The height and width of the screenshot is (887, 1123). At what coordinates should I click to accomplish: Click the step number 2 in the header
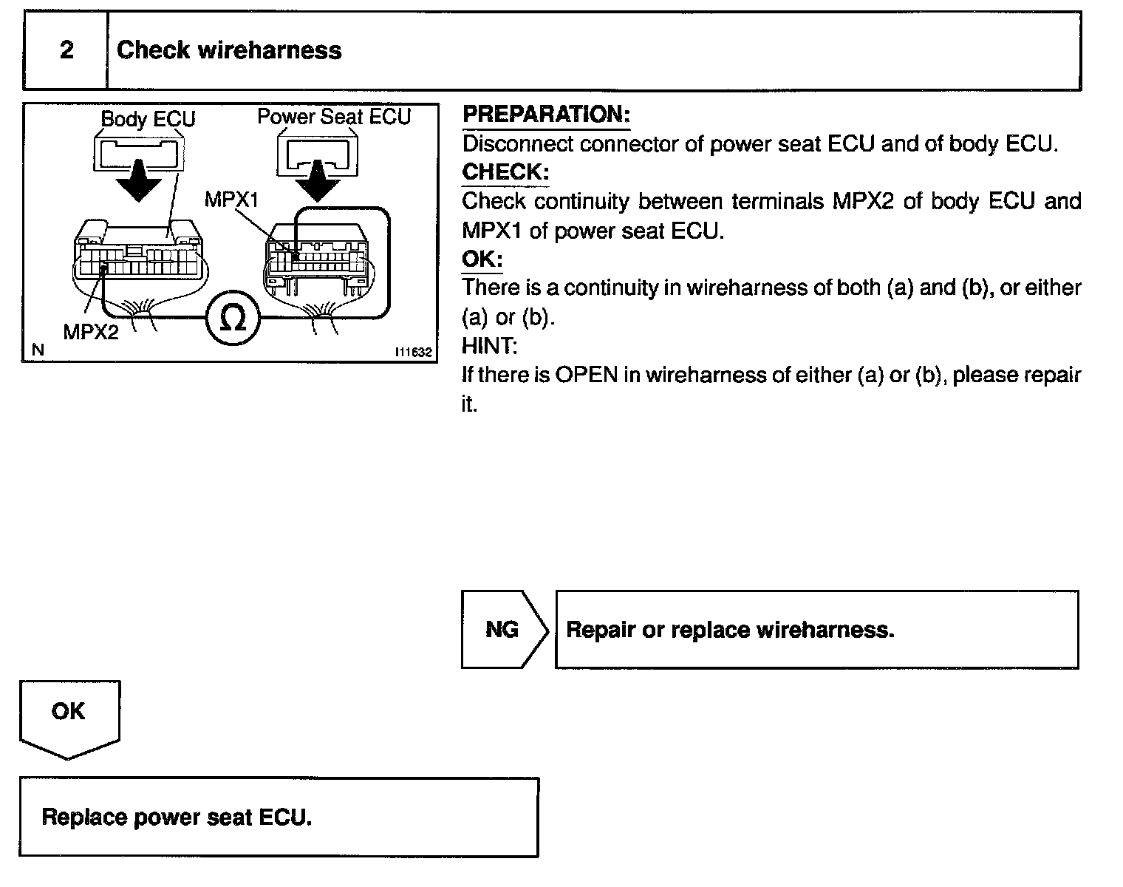66,50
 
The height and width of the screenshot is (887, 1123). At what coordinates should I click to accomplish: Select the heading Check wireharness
229,50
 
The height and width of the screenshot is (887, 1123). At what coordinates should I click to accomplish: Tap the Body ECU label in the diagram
148,118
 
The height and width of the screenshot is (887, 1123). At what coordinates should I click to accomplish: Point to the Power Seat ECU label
333,116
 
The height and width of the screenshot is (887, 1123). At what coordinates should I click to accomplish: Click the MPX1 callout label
231,200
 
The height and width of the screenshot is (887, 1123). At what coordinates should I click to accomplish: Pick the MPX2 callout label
90,332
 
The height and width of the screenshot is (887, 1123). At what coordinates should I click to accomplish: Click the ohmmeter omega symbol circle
233,319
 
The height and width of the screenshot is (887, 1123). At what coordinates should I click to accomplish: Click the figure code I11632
413,352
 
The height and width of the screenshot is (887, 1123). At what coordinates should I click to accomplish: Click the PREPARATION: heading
546,115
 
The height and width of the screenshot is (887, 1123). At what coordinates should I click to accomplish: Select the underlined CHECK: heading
505,172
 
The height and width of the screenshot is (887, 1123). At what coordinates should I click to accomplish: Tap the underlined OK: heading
482,259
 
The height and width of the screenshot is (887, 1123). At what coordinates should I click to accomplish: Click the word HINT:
489,346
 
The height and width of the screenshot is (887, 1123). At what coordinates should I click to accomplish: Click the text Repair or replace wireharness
730,630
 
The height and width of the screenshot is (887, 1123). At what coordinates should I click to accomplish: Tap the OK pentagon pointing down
69,717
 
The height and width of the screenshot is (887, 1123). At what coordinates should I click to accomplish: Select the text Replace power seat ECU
177,817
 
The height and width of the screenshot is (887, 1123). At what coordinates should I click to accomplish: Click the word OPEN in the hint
586,375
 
